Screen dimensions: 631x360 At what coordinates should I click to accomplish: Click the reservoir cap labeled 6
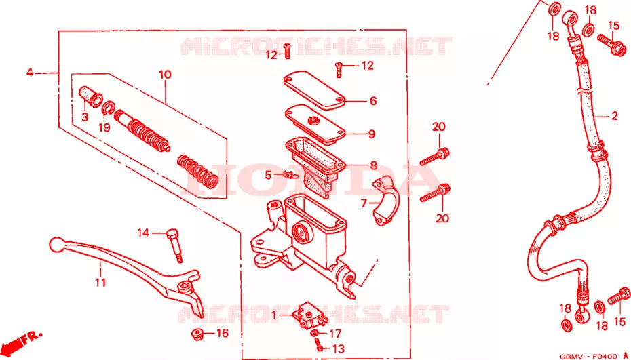pyautogui.click(x=314, y=89)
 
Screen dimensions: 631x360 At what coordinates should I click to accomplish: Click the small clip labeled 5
pyautogui.click(x=289, y=174)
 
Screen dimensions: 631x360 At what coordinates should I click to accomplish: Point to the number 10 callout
pyautogui.click(x=165, y=75)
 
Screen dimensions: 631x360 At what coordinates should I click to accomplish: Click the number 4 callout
pyautogui.click(x=29, y=73)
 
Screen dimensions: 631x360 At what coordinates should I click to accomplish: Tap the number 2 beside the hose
pyautogui.click(x=614, y=116)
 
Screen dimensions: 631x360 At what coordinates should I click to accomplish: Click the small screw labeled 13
pyautogui.click(x=318, y=344)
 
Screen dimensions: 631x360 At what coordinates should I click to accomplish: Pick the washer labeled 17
pyautogui.click(x=314, y=333)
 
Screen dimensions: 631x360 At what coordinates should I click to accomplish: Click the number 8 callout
pyautogui.click(x=373, y=165)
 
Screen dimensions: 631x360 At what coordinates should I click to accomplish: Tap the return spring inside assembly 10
pyautogui.click(x=197, y=171)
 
